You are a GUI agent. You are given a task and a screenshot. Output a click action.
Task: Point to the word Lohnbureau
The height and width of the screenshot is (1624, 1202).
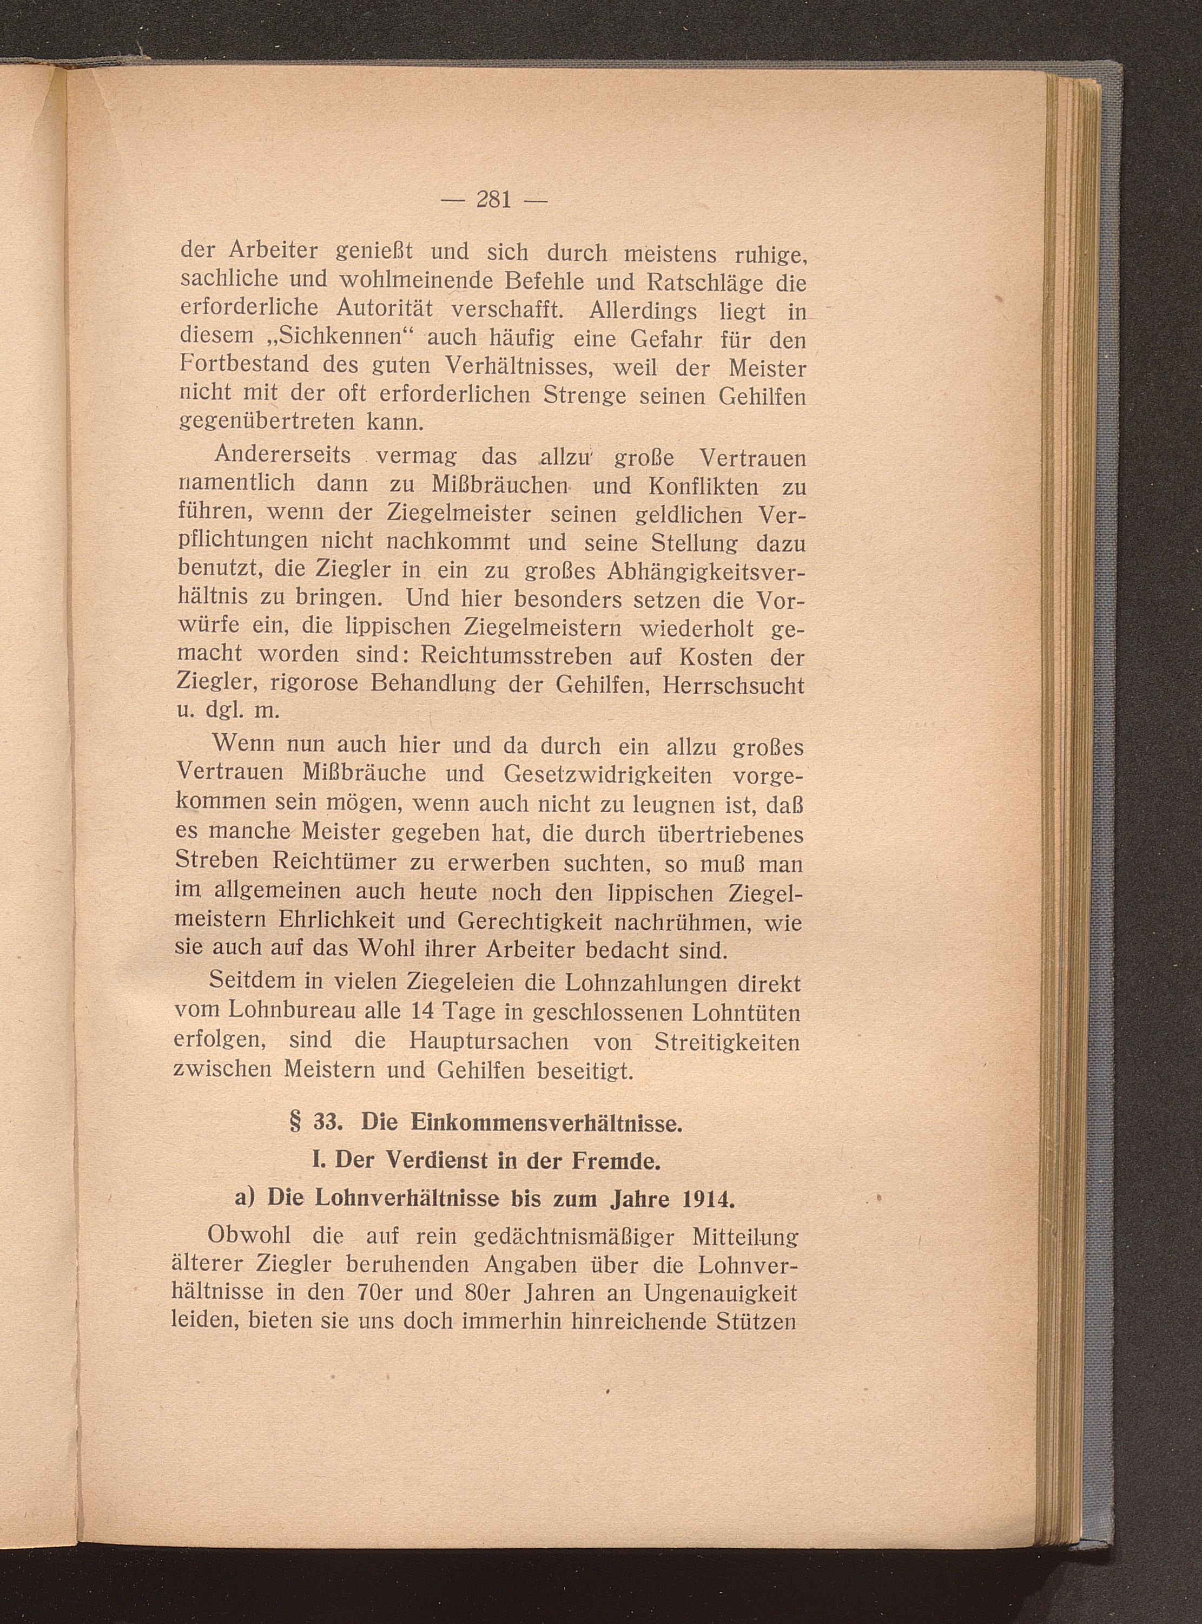279,1012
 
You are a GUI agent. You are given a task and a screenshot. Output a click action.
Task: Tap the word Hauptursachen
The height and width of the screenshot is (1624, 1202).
489,1041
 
